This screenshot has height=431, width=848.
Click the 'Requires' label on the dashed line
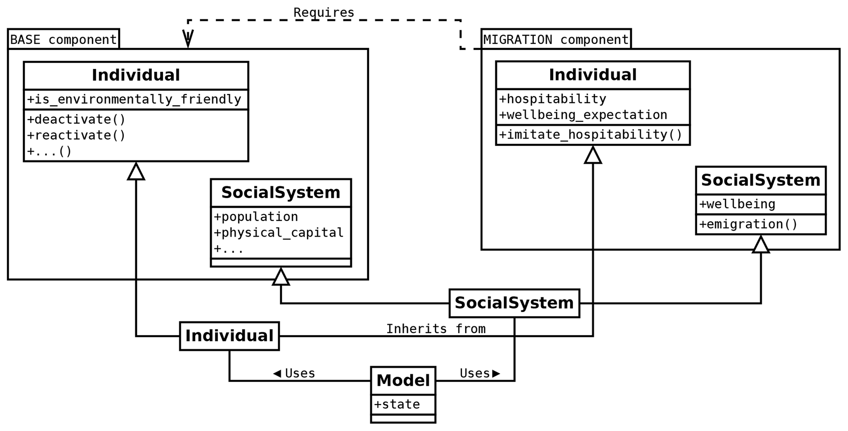(323, 13)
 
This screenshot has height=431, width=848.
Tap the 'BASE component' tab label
(63, 40)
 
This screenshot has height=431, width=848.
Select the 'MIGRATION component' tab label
(555, 40)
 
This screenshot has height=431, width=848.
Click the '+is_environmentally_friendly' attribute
(134, 99)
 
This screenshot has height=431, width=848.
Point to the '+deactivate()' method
(76, 119)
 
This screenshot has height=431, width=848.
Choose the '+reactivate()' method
(76, 135)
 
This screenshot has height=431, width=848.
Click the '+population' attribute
(256, 217)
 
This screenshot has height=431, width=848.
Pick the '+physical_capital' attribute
(279, 233)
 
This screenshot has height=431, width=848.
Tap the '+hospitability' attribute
(553, 99)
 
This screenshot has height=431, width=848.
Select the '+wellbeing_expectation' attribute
(583, 115)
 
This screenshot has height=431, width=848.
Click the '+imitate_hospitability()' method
(590, 135)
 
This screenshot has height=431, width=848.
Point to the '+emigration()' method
(748, 224)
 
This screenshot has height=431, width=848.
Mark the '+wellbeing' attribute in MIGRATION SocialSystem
(737, 204)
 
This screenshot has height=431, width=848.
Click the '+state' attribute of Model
(397, 404)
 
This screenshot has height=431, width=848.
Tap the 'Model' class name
(403, 381)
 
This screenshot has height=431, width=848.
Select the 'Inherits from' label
(436, 329)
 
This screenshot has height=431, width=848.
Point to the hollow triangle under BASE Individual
(136, 172)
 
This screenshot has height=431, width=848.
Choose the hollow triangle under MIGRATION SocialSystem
(761, 245)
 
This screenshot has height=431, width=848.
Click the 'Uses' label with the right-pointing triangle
(480, 373)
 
